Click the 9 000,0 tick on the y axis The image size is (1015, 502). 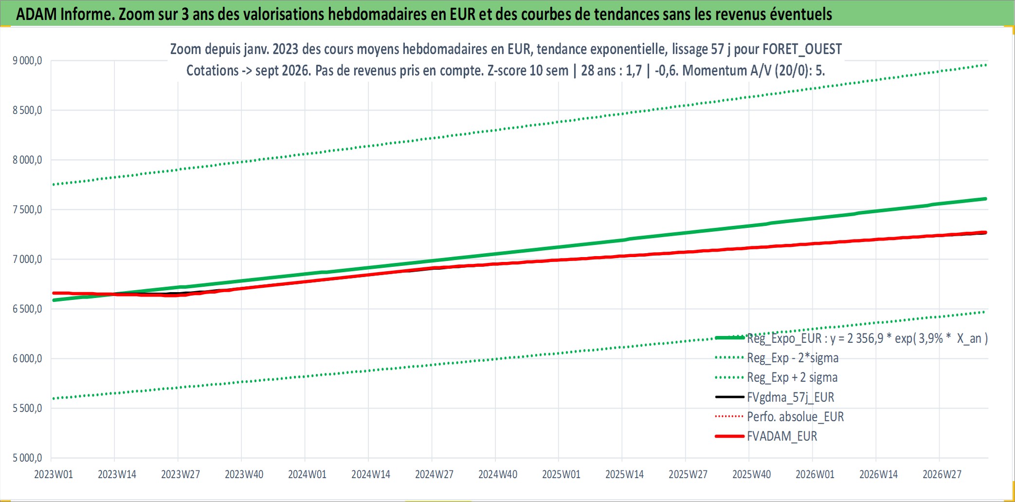click(x=27, y=61)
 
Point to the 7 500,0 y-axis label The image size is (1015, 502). click(x=27, y=210)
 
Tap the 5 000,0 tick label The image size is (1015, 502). click(x=27, y=458)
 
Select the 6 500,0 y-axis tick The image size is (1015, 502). click(x=27, y=309)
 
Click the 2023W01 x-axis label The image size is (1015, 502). click(x=54, y=474)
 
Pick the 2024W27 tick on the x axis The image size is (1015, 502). click(x=434, y=474)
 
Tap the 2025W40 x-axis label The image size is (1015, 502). click(x=752, y=474)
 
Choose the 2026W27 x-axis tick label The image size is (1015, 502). click(x=942, y=474)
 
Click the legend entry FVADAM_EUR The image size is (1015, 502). click(x=782, y=436)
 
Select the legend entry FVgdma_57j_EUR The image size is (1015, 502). click(x=791, y=397)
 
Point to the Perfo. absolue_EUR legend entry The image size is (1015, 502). click(x=796, y=417)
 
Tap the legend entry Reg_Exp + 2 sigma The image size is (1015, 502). click(x=792, y=377)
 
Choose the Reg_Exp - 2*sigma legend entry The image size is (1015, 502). click(x=793, y=358)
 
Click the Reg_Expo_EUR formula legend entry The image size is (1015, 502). click(x=867, y=338)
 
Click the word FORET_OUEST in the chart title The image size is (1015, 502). click(x=802, y=49)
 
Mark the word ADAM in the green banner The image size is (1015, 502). click(x=36, y=14)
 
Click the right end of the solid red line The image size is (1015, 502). click(x=986, y=232)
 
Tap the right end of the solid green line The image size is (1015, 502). click(x=986, y=199)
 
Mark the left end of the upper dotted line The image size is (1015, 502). click(x=53, y=185)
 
